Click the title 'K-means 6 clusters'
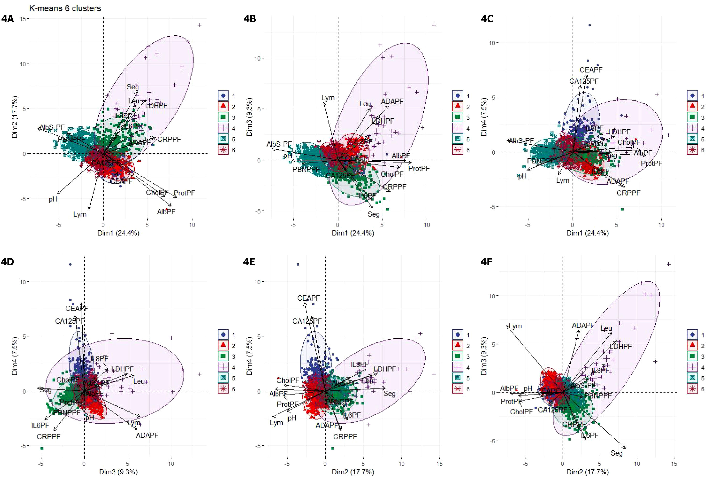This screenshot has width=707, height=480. pyautogui.click(x=65, y=8)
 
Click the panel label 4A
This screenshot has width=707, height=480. pyautogui.click(x=7, y=19)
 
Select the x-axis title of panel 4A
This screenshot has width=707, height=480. pyautogui.click(x=118, y=233)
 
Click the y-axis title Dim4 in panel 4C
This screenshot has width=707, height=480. pyautogui.click(x=484, y=117)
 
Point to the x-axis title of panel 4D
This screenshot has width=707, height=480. pyautogui.click(x=118, y=472)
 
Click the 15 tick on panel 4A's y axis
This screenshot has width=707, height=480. pyautogui.click(x=22, y=19)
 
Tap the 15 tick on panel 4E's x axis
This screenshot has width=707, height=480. pyautogui.click(x=439, y=464)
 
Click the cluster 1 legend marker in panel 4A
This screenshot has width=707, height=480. pyautogui.click(x=223, y=96)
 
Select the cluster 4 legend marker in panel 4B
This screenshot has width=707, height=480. pyautogui.click(x=458, y=128)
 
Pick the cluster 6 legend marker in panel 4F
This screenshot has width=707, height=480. pyautogui.click(x=692, y=389)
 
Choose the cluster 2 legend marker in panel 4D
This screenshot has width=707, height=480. pyautogui.click(x=223, y=346)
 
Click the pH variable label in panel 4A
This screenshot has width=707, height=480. pyautogui.click(x=53, y=199)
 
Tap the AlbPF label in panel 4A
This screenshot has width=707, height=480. pyautogui.click(x=166, y=212)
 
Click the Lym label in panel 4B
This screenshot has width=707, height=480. pyautogui.click(x=328, y=98)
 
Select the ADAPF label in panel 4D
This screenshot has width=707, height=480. pyautogui.click(x=147, y=436)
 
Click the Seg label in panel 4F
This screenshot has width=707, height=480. pyautogui.click(x=616, y=453)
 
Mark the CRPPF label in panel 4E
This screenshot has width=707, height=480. pyautogui.click(x=345, y=437)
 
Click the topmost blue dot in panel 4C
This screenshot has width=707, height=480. pyautogui.click(x=590, y=25)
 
